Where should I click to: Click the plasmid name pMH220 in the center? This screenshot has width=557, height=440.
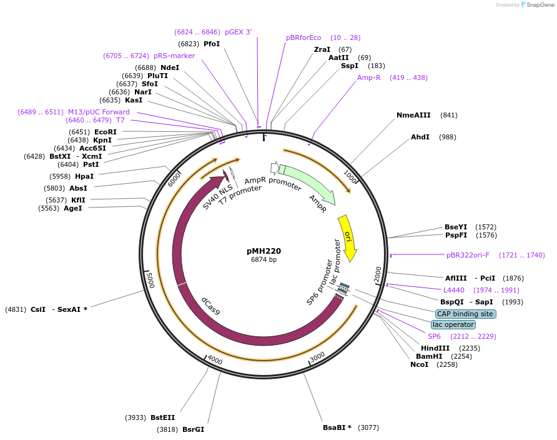pos(264,251)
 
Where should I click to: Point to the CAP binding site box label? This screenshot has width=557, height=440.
pos(465,314)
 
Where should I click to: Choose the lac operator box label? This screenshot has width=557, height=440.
pos(453,324)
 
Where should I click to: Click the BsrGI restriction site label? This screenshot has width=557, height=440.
pos(193,429)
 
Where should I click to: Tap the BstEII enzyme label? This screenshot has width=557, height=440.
pos(162,417)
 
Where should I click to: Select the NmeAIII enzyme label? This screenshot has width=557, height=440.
pos(413,115)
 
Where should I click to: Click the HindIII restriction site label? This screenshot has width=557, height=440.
pos(435,348)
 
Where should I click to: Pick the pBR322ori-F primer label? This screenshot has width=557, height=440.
pos(468,255)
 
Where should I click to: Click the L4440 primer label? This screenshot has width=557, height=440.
pos(454,290)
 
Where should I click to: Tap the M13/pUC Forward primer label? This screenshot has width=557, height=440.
pos(99,112)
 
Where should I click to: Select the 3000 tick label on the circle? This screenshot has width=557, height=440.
pos(318,356)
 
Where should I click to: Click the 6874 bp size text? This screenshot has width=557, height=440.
pos(264,259)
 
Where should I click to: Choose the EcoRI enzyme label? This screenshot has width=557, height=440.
pos(106,132)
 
